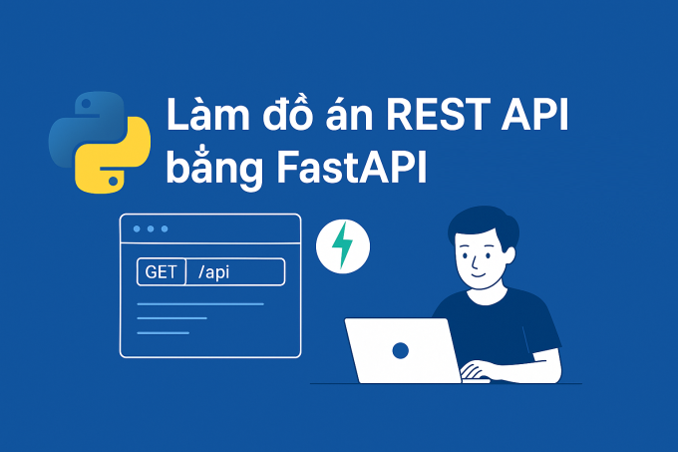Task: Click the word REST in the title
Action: (x=439, y=114)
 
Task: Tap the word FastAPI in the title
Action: (x=352, y=167)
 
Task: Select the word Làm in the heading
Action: (x=208, y=114)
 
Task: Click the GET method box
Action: (x=162, y=272)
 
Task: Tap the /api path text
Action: (x=213, y=272)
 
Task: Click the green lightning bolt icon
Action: (x=342, y=244)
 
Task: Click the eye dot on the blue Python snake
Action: (x=86, y=104)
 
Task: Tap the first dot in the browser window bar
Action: (x=137, y=228)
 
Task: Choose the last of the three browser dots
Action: (x=165, y=228)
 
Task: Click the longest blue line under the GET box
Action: (x=200, y=304)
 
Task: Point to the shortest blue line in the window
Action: (x=163, y=332)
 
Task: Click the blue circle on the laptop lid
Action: (x=401, y=350)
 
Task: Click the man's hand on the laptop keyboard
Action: (x=475, y=371)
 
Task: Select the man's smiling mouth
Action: (x=477, y=274)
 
